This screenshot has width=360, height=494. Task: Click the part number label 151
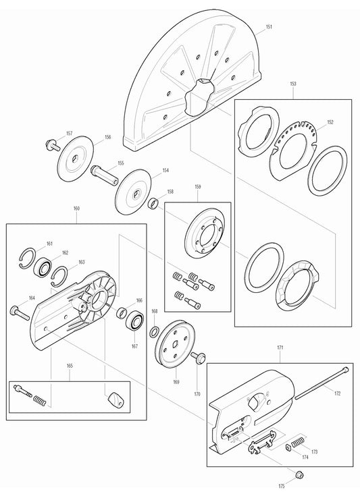tap(269, 27)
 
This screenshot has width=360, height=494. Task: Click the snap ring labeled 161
tap(28, 255)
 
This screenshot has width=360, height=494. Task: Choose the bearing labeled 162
tap(44, 265)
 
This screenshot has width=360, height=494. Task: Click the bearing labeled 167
tap(135, 321)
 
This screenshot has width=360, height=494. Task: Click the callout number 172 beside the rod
tap(337, 393)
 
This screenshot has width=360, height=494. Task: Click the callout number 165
tap(70, 367)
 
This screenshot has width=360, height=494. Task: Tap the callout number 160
tap(76, 209)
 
